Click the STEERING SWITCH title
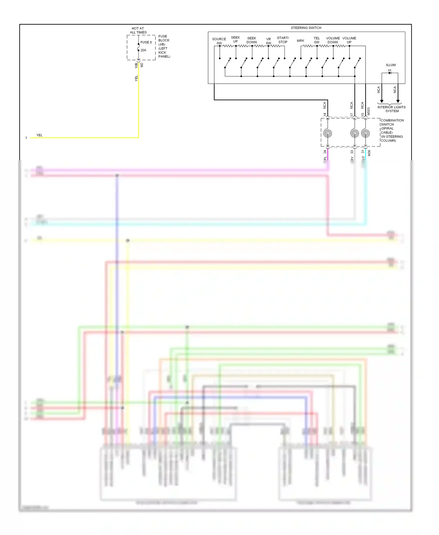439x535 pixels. coord(306,28)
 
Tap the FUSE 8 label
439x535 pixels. coord(146,42)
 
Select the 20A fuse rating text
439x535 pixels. coord(143,50)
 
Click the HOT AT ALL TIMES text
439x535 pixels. coord(138,30)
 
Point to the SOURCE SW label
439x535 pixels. coord(219,41)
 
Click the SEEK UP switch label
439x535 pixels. coord(235,39)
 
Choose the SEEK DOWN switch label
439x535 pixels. coord(251,40)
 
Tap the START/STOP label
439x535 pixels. coord(283,40)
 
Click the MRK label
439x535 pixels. coord(300,41)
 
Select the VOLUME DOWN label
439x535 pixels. coord(333,40)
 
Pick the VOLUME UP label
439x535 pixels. coord(349,40)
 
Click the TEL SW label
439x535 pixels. coord(317,40)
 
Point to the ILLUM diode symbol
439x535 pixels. coord(390,72)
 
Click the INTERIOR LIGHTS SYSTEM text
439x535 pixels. coord(392,109)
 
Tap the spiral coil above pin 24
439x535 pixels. coord(327,133)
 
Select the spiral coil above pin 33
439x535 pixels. coord(354,133)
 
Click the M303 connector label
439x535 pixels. coord(368,111)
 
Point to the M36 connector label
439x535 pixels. coord(369,153)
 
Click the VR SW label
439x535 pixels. coord(268,41)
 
